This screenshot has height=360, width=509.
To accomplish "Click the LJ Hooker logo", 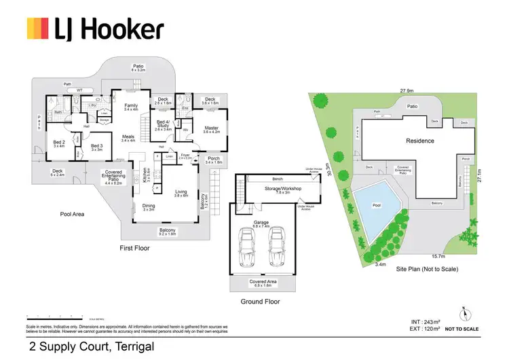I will (95, 29).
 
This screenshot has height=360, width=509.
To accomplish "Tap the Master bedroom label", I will (212, 128).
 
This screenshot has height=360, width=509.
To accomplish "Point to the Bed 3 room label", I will (97, 145).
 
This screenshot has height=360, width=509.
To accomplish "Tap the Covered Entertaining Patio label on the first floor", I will (113, 176).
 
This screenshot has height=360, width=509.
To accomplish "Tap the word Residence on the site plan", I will (419, 141).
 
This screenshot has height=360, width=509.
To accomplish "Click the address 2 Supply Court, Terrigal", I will (91, 346).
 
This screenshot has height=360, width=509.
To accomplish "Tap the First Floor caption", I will (134, 248).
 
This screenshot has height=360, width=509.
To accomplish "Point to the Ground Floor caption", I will (261, 302).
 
